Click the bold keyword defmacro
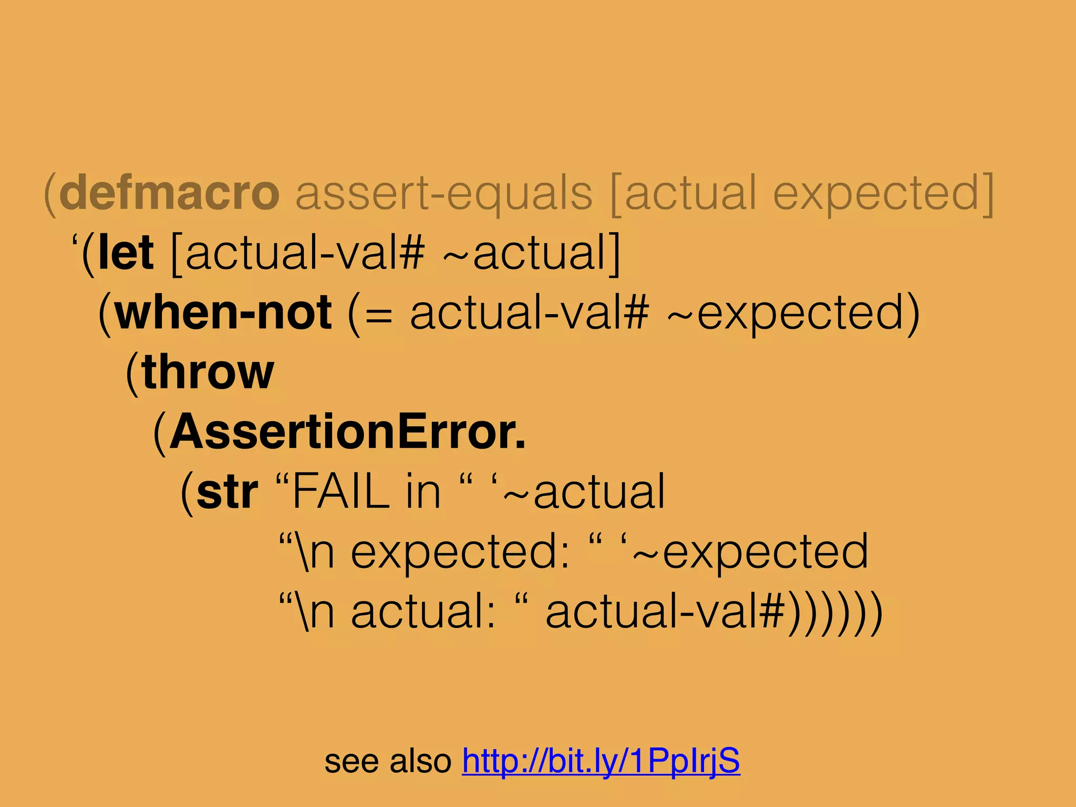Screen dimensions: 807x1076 [x=169, y=193]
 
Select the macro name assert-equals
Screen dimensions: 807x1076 [x=444, y=193]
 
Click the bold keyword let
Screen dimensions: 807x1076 [x=126, y=253]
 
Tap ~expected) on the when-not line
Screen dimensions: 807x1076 [x=793, y=314]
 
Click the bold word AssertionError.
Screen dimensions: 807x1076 [x=347, y=432]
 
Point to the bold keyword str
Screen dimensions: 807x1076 [x=227, y=492]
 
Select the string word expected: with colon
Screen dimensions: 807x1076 [x=460, y=552]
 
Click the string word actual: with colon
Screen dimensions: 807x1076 [x=423, y=613]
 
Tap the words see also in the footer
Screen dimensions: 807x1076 [x=388, y=761]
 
